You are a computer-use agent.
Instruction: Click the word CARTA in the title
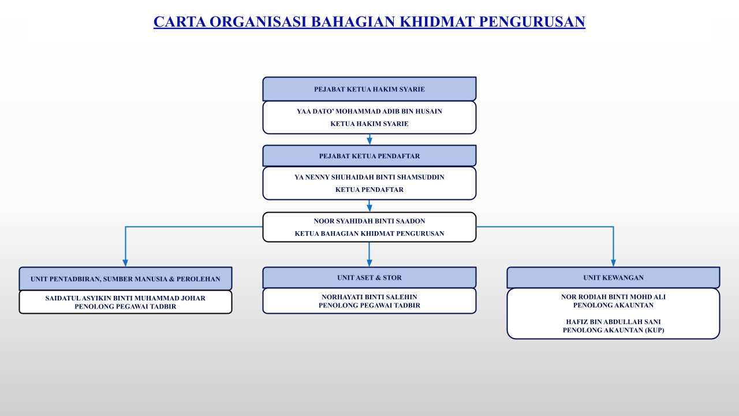(180, 22)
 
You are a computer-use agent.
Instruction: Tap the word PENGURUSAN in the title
(532, 22)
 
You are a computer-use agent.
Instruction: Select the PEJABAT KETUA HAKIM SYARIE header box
(369, 89)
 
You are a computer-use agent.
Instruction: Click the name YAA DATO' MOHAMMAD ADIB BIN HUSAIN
(369, 112)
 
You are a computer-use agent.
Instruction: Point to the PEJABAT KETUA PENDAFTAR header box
(369, 155)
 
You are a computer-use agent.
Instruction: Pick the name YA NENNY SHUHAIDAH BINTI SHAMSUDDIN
(369, 177)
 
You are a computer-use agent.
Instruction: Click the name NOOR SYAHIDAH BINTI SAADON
(369, 221)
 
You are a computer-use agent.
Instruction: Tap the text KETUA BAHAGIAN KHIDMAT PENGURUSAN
(369, 233)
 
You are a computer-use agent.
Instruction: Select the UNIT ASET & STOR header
(369, 277)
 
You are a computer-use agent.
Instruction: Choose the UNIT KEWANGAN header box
(613, 277)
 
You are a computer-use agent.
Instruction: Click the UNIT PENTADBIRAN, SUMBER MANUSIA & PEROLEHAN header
(125, 278)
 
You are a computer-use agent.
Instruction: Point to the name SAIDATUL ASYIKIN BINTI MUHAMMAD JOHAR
(125, 298)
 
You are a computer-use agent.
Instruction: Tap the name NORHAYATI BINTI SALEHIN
(369, 297)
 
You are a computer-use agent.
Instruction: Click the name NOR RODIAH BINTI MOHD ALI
(613, 297)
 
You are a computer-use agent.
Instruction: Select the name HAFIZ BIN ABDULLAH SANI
(613, 322)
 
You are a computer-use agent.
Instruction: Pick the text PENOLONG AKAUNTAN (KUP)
(613, 330)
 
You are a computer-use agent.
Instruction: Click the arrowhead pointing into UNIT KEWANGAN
(613, 263)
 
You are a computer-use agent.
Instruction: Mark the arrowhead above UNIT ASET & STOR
(369, 263)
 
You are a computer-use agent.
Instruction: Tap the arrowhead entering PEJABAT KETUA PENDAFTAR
(369, 141)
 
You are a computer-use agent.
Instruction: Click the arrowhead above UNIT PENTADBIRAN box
(125, 263)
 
